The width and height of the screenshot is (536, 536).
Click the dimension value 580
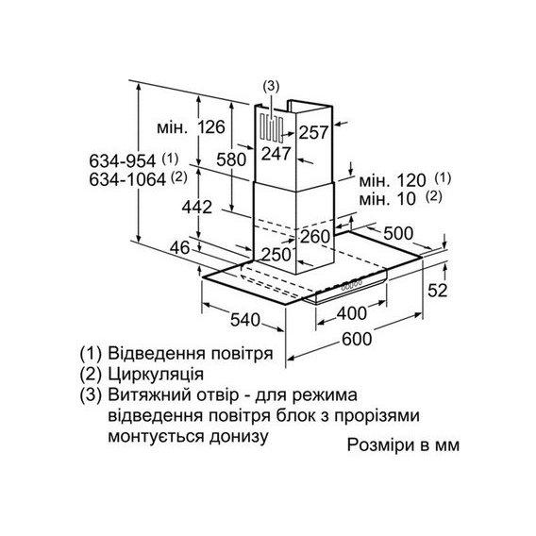[x=231, y=159]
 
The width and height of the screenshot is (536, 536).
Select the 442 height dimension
[x=197, y=207]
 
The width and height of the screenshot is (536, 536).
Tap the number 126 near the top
[x=211, y=127]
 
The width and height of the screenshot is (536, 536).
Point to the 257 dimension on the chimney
[x=313, y=132]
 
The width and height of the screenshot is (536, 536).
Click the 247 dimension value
[x=276, y=154]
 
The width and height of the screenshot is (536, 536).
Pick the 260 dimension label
[x=315, y=237]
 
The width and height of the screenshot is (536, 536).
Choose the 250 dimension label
[x=276, y=255]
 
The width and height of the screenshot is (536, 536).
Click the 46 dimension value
[x=180, y=247]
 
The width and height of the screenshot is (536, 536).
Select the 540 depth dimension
[x=245, y=320]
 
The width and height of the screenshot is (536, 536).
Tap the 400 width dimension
[x=352, y=312]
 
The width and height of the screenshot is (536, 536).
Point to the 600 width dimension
[x=357, y=339]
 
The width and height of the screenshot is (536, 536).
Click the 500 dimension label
[x=398, y=233]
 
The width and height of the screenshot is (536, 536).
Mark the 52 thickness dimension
[x=438, y=291]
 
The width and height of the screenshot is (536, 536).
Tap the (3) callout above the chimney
[x=271, y=87]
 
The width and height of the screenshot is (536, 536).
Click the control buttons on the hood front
[x=351, y=285]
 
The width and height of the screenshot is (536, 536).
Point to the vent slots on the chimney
[x=272, y=128]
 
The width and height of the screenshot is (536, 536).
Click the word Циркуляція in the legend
[x=156, y=375]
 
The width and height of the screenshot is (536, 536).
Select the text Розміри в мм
[x=403, y=444]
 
